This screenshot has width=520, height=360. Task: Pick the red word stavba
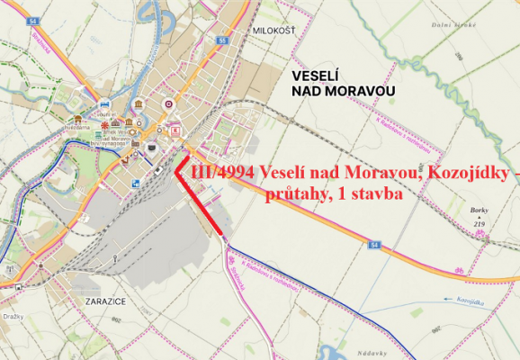click(372, 193)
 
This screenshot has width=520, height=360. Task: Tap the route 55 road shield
click(221, 40)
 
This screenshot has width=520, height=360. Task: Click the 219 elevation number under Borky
click(480, 223)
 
